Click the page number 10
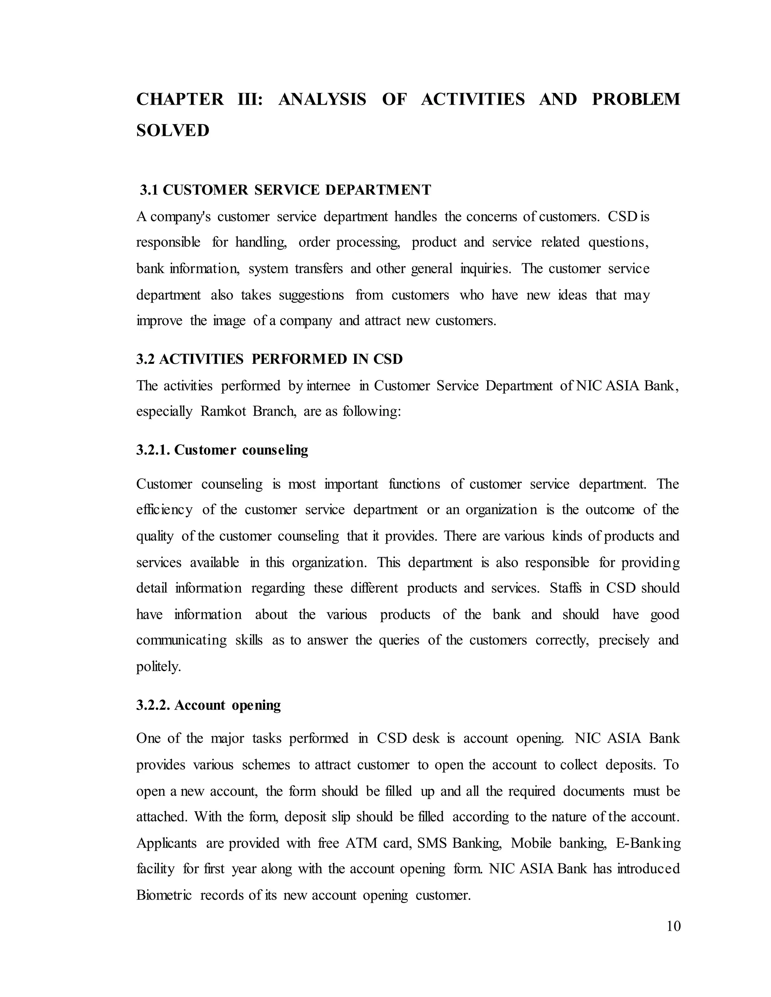(673, 926)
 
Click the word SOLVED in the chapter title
(173, 131)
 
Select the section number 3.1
(149, 190)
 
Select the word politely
(158, 667)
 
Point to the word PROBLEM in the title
(635, 99)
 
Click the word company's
(180, 216)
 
